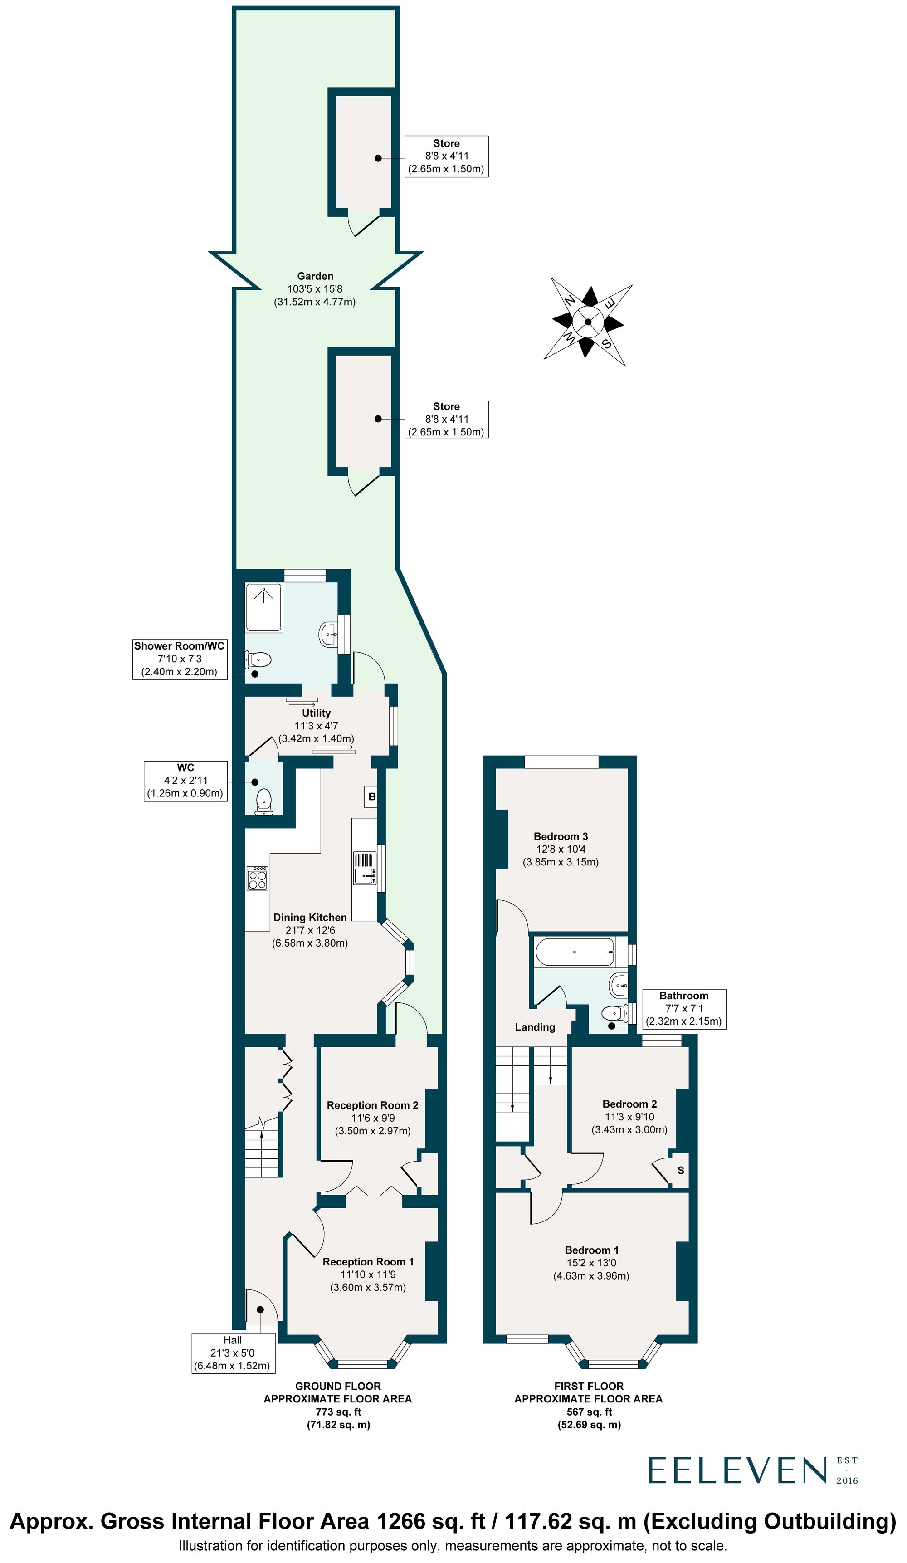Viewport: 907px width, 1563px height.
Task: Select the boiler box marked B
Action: (x=371, y=797)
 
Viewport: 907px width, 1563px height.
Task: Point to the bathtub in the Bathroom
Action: (x=574, y=952)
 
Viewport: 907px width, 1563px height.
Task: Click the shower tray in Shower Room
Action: (x=264, y=607)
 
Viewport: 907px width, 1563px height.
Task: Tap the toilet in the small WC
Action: (x=264, y=801)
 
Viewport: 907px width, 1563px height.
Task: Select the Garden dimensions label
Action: (x=315, y=289)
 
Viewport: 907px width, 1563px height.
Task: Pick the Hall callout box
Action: (x=233, y=1353)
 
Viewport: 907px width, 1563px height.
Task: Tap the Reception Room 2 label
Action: (x=373, y=1105)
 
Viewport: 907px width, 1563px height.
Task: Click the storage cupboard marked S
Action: (x=681, y=1170)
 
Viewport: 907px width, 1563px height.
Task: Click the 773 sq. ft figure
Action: (x=338, y=1412)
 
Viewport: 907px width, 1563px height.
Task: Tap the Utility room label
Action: (x=316, y=713)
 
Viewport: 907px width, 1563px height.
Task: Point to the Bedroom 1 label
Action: (x=591, y=1250)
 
